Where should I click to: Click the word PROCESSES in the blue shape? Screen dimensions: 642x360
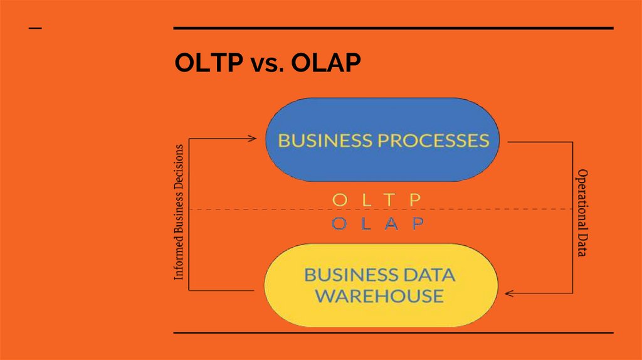pyautogui.click(x=433, y=140)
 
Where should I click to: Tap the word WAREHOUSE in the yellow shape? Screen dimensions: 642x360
pyautogui.click(x=379, y=295)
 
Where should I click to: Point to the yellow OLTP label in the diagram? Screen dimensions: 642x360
pyautogui.click(x=376, y=199)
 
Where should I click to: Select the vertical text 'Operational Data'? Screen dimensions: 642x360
pyautogui.click(x=582, y=213)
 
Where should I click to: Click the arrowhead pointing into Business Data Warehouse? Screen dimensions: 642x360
pyautogui.click(x=510, y=293)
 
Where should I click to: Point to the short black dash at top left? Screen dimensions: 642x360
pyautogui.click(x=36, y=28)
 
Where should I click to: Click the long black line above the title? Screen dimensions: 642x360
pyautogui.click(x=393, y=28)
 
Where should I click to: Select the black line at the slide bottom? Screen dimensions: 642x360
pyautogui.click(x=393, y=332)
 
